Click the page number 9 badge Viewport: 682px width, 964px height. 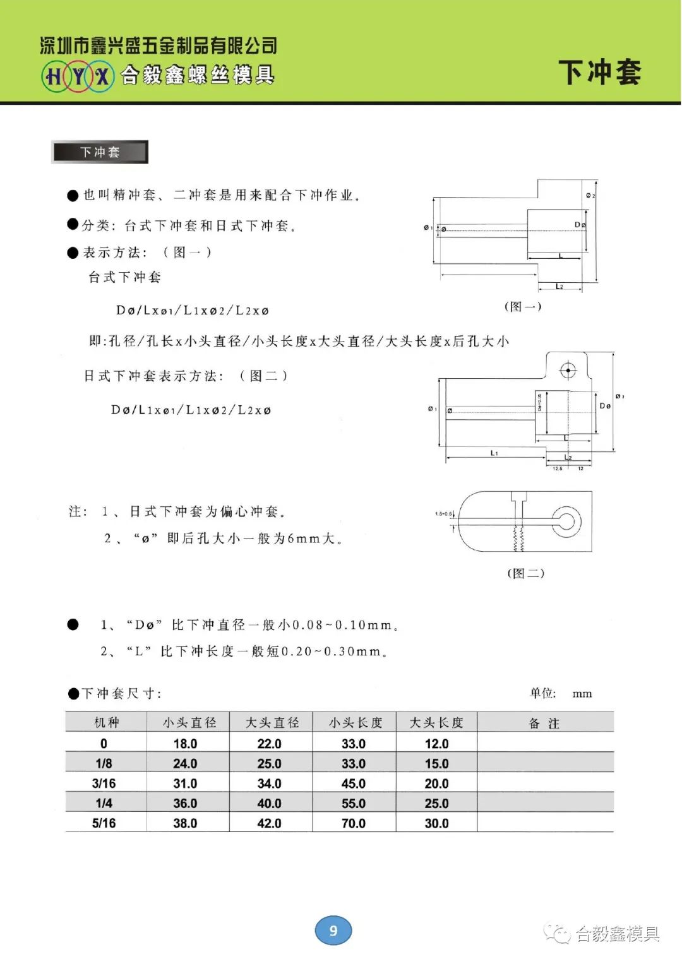[x=333, y=930]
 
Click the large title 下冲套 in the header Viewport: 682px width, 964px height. [x=599, y=72]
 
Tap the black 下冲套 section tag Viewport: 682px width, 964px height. [x=100, y=152]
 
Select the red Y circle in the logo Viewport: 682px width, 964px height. [x=78, y=76]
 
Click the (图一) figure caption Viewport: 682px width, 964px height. [x=523, y=306]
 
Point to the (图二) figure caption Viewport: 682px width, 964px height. [x=525, y=573]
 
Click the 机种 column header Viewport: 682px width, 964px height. [x=106, y=722]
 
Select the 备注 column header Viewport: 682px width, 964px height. [x=544, y=723]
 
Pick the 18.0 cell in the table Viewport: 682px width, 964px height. [x=185, y=744]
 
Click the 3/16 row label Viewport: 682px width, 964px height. [x=104, y=783]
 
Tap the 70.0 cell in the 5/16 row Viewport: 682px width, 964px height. [x=353, y=823]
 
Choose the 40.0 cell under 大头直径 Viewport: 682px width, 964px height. [x=269, y=803]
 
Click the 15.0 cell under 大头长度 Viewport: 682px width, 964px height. [x=436, y=764]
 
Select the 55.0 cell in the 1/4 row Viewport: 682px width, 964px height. [x=353, y=803]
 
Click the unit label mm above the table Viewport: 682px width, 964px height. [x=582, y=694]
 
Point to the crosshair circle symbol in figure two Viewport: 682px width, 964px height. [x=568, y=371]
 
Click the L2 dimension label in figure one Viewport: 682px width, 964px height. [x=559, y=287]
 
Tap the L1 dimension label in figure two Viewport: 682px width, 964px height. [x=494, y=453]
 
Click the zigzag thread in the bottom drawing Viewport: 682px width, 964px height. [x=518, y=537]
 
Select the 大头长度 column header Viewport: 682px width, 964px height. [x=436, y=722]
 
